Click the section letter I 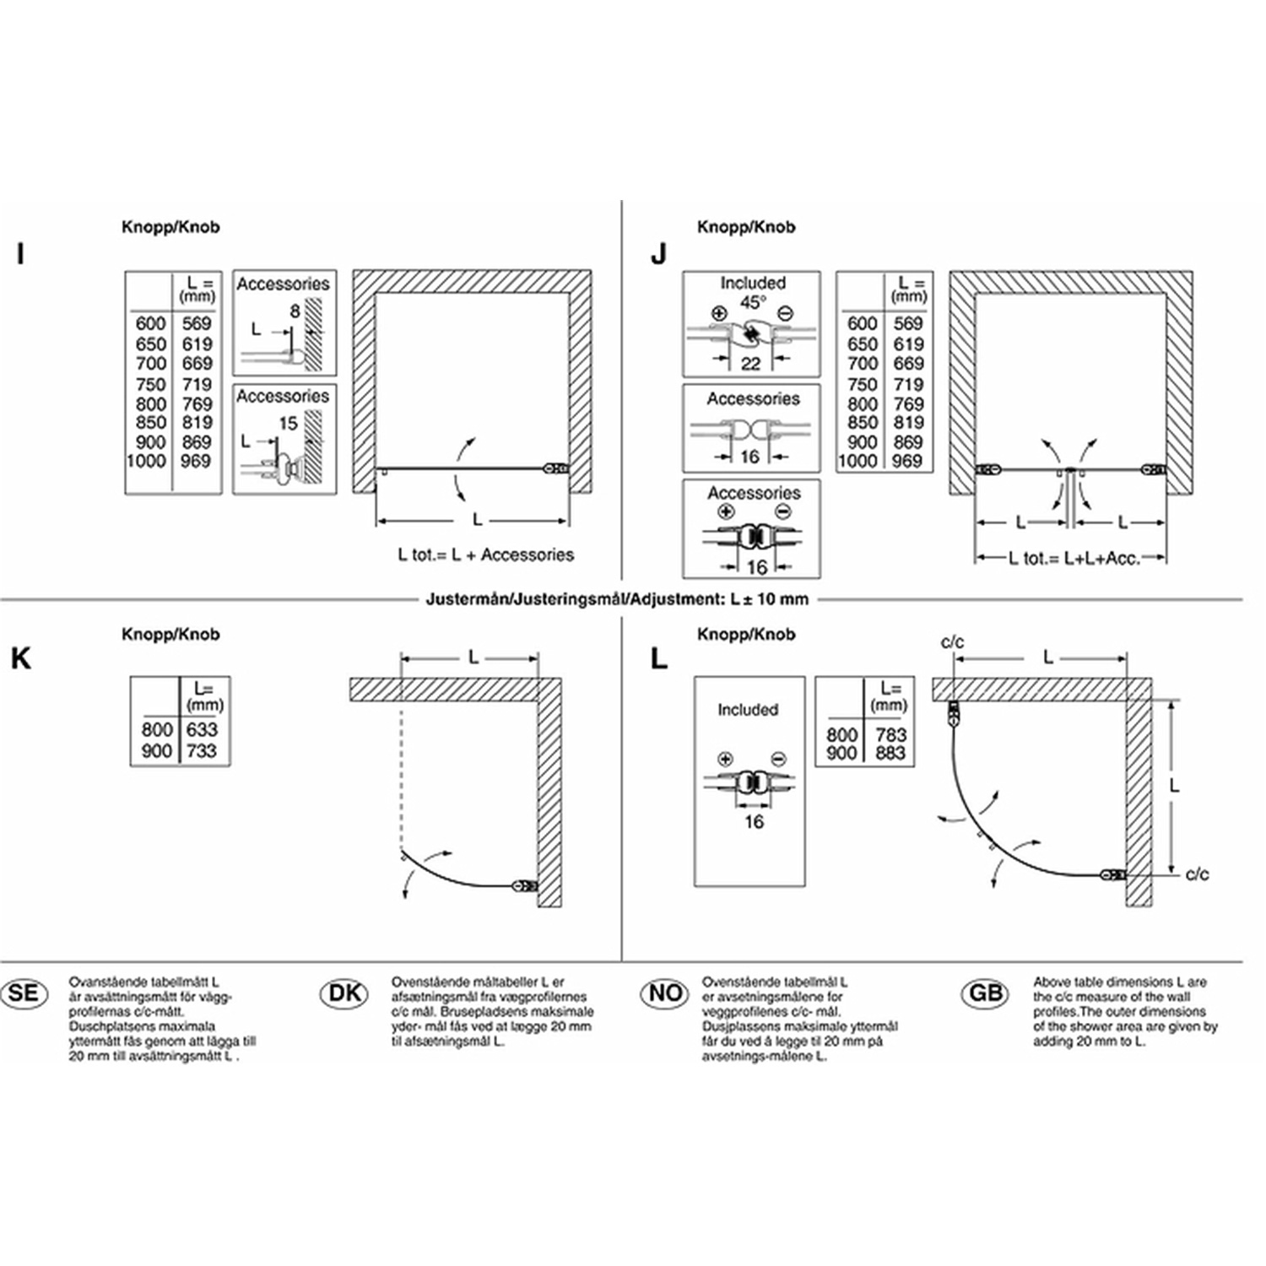pos(21,254)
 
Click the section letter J pos(659,254)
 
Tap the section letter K pos(21,658)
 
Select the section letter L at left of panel pos(659,658)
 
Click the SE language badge pos(24,993)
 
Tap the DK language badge pos(344,993)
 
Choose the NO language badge pos(666,993)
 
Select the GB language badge pos(985,993)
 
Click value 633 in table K pos(202,729)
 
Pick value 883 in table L pos(890,753)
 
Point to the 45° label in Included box pos(753,302)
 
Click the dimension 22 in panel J pos(750,364)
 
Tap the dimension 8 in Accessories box pos(295,311)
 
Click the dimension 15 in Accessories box pos(288,423)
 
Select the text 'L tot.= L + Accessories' pos(485,555)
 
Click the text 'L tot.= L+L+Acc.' pos(1074,558)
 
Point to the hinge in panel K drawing pos(524,886)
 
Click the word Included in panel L pos(748,710)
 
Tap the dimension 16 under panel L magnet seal pos(753,821)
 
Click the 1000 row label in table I pos(146,461)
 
